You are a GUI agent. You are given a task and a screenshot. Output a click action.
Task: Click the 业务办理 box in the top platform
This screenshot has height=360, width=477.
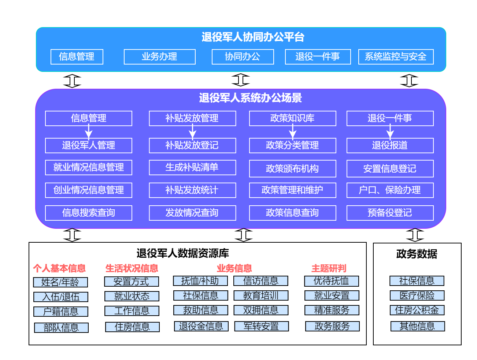tap(159, 56)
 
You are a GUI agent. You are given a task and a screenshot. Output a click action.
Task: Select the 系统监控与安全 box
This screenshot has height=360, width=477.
tap(396, 56)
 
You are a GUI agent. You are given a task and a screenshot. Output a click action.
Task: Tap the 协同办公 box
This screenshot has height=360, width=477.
tap(243, 56)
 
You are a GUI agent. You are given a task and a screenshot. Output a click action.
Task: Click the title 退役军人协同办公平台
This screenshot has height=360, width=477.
tap(253, 37)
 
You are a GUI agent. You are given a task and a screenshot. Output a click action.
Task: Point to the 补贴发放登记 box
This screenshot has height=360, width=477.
tap(192, 145)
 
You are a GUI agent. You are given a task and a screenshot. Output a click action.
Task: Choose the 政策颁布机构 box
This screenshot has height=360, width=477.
tap(292, 168)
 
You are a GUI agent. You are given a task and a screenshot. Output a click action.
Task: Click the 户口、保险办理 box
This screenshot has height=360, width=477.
tap(390, 190)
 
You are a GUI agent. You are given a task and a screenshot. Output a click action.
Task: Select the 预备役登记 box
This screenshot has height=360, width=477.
tap(390, 213)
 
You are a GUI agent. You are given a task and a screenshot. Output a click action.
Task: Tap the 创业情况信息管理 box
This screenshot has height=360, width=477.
tap(88, 190)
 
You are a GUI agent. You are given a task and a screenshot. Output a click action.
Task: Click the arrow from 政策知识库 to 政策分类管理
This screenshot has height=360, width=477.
tap(292, 132)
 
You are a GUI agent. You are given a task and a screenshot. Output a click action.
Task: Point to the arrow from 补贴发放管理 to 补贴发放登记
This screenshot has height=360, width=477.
tap(192, 132)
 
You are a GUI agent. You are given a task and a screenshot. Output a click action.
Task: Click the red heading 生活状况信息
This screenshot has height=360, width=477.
tap(132, 268)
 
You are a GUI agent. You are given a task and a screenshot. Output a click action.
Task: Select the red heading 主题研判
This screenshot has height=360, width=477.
tap(329, 268)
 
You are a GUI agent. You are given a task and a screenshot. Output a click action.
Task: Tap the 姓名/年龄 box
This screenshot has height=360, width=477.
tap(60, 282)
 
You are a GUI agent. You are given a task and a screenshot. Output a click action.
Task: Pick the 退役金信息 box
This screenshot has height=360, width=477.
tap(201, 326)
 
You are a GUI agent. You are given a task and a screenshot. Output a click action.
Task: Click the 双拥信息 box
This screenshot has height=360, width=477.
tap(261, 310)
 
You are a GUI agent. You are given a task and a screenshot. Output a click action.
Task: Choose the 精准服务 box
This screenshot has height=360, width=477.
tap(332, 310)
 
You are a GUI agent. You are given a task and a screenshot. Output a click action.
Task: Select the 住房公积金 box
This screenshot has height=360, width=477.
tap(417, 310)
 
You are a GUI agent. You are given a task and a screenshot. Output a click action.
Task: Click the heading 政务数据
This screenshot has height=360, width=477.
tap(417, 254)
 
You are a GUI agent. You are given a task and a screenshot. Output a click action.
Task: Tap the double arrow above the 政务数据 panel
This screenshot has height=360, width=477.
tap(415, 235)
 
